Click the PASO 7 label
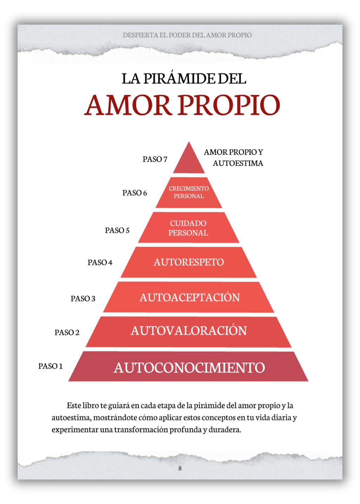click(155, 159)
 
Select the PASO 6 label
click(135, 193)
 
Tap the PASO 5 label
click(117, 230)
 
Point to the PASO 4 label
click(100, 262)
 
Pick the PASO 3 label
click(83, 299)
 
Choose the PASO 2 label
click(67, 333)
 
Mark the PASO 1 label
click(50, 366)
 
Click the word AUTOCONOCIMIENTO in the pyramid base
click(189, 368)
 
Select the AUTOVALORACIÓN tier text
click(189, 331)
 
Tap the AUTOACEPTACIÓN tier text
click(190, 297)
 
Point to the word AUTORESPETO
click(189, 262)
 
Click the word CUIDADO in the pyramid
click(188, 223)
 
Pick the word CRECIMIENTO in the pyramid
click(189, 188)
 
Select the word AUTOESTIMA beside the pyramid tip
click(238, 163)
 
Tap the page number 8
click(180, 468)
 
